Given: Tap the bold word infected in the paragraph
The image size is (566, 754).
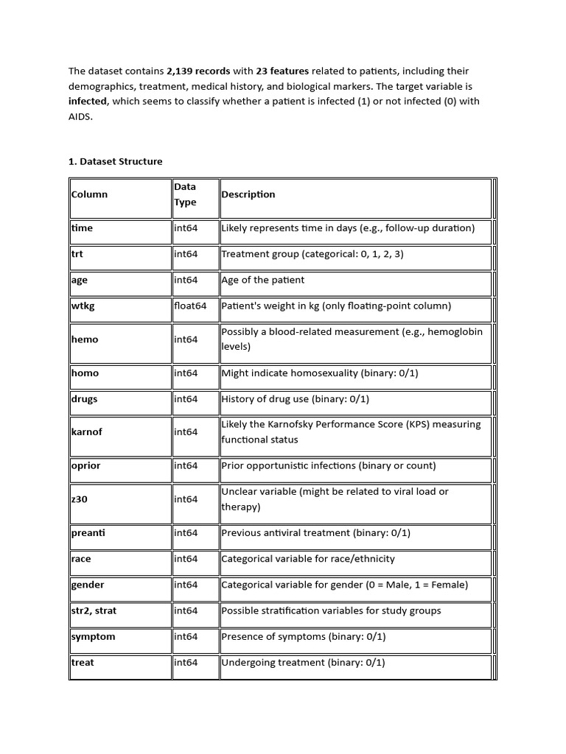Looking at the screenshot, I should click(88, 101).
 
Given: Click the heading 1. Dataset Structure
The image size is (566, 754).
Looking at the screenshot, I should click(116, 161).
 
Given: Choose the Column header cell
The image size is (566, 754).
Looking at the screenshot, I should click(89, 194).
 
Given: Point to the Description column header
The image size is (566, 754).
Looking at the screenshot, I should click(248, 194).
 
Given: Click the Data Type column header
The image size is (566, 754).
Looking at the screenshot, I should click(186, 194).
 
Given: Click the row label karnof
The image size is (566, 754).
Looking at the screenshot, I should click(86, 432).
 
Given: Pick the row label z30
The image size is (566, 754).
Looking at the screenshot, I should click(80, 499).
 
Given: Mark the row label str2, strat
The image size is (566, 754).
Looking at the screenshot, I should click(96, 610).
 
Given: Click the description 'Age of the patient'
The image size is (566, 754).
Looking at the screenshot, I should click(263, 280).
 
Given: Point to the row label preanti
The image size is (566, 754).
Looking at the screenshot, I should click(88, 532).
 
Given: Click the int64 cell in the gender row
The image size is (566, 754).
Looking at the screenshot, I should click(186, 585).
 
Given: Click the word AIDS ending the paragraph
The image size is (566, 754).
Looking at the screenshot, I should click(80, 116).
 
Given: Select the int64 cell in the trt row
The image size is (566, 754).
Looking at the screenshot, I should click(186, 254).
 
